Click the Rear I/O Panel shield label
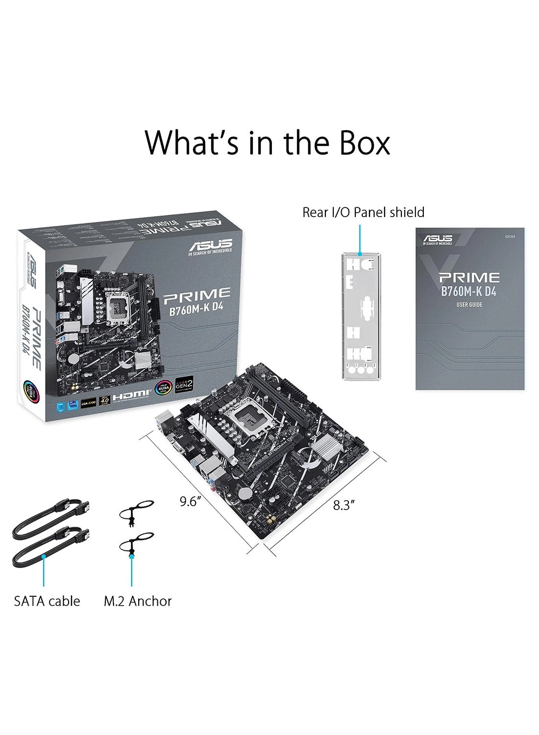click(363, 212)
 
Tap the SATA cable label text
click(47, 601)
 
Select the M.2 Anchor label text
click(138, 601)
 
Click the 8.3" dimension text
click(343, 505)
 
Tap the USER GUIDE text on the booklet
click(469, 305)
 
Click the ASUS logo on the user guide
click(438, 239)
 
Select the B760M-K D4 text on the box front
click(197, 312)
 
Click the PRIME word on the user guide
click(469, 278)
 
